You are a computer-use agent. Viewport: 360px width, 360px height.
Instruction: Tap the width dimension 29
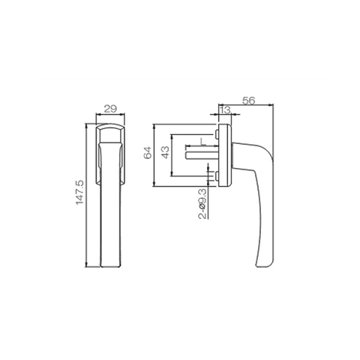[x=109, y=109]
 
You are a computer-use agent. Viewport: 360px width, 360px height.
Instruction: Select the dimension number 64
[x=148, y=154]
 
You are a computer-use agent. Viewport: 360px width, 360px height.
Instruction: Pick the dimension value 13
[x=226, y=111]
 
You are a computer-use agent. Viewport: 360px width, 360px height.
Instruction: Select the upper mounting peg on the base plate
[x=215, y=135]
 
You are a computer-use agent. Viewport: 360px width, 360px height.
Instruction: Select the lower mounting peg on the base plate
[x=215, y=176]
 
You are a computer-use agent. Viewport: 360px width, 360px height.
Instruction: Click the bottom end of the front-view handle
[x=109, y=268]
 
